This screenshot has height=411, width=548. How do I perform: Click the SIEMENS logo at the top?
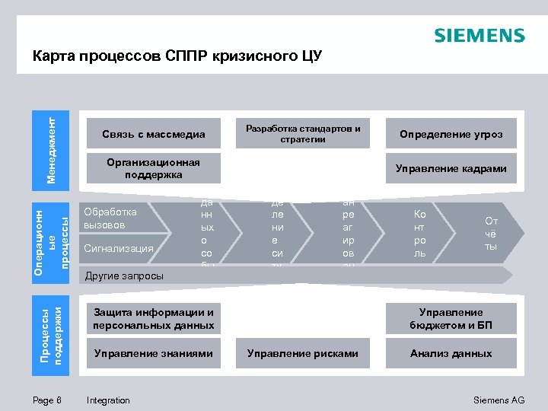pyautogui.click(x=479, y=37)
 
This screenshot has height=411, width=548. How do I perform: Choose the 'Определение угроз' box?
pyautogui.click(x=451, y=135)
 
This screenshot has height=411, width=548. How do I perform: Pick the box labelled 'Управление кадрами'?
pyautogui.click(x=451, y=168)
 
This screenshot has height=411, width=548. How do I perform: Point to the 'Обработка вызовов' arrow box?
pyautogui.click(x=122, y=218)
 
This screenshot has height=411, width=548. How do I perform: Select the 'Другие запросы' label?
pyautogui.click(x=124, y=276)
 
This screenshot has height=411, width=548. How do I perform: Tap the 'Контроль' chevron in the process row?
pyautogui.click(x=420, y=234)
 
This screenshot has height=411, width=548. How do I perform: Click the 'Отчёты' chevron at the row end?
pyautogui.click(x=492, y=234)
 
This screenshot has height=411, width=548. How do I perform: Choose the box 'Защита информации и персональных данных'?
pyautogui.click(x=153, y=319)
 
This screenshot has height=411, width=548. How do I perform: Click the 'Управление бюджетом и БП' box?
pyautogui.click(x=451, y=319)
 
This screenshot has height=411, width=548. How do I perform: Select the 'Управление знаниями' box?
pyautogui.click(x=153, y=353)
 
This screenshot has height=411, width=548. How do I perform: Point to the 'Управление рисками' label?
pyautogui.click(x=303, y=353)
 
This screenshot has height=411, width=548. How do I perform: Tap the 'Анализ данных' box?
pyautogui.click(x=451, y=353)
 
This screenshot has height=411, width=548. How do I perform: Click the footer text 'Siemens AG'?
pyautogui.click(x=499, y=400)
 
